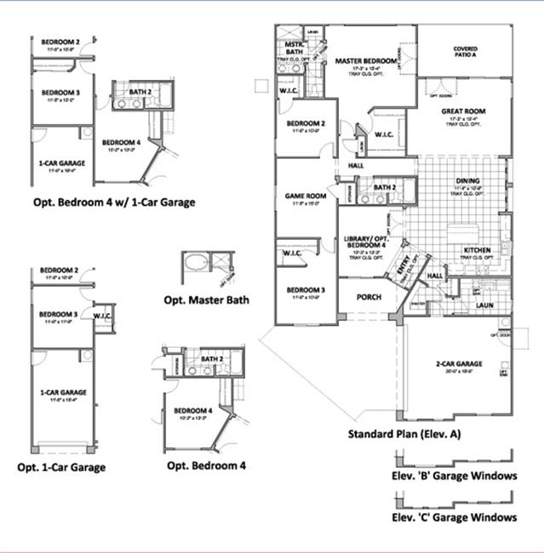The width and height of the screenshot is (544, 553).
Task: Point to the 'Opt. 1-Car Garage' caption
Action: coord(61,467)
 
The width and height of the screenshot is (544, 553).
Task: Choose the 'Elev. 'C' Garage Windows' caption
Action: coord(454,517)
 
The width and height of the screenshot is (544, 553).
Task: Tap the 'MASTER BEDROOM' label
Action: coord(366,61)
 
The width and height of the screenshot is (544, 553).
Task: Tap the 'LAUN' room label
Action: coord(485,305)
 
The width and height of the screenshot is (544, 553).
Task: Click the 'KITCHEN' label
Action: coord(478,250)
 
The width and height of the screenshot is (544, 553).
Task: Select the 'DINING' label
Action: coord(467,181)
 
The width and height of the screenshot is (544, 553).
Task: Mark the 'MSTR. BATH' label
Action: coord(295,46)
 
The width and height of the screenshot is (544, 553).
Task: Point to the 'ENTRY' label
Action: coord(404,271)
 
